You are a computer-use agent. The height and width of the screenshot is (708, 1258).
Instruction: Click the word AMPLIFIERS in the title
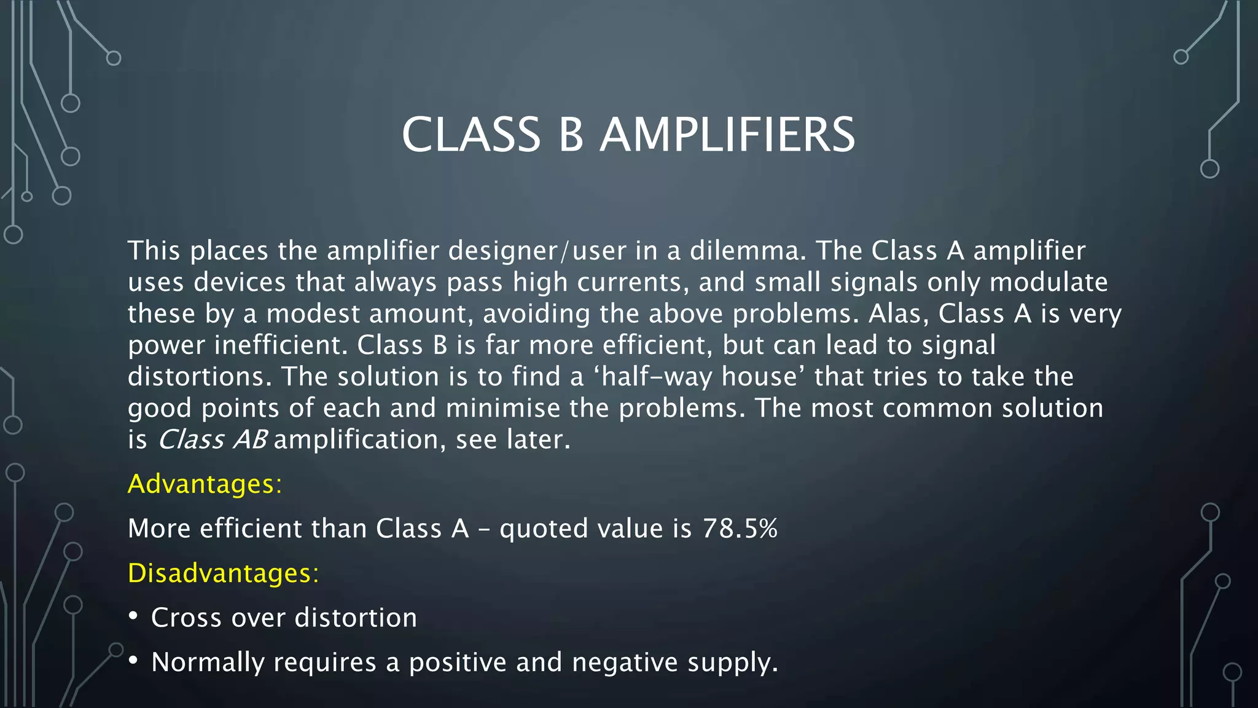[x=727, y=135]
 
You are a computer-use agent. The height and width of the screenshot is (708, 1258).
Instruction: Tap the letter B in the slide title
[x=571, y=135]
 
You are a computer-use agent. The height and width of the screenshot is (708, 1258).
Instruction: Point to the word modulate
[x=1049, y=282]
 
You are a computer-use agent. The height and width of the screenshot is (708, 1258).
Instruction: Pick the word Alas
[x=897, y=313]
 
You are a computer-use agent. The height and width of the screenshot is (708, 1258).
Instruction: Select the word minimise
[x=502, y=408]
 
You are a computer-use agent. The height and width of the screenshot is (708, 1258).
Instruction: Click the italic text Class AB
[x=213, y=439]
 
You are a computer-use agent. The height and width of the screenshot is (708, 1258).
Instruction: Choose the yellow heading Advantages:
[x=205, y=484]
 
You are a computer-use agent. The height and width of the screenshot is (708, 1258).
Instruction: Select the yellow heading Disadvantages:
[x=223, y=573]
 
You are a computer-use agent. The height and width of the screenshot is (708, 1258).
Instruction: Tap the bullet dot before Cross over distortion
[x=133, y=616]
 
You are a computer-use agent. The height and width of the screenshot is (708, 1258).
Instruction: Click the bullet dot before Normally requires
[x=133, y=661]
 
